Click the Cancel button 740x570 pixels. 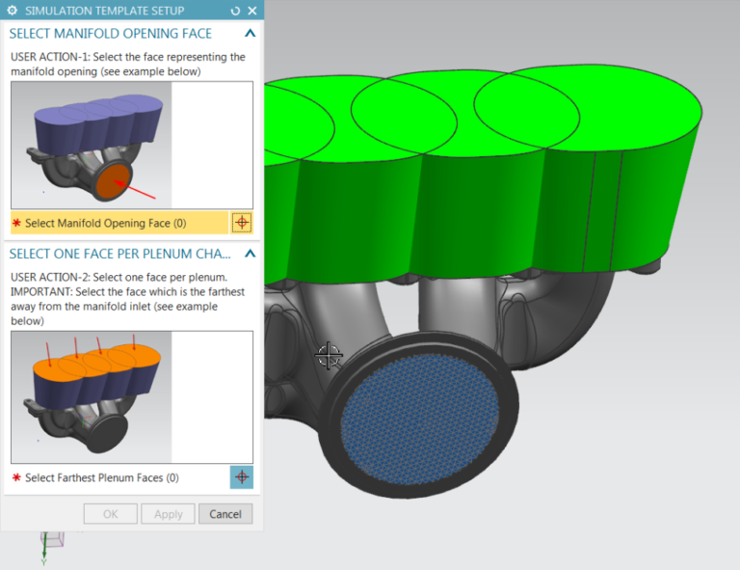click(x=225, y=514)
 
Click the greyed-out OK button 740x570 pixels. click(x=111, y=514)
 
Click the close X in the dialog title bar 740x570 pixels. click(x=252, y=11)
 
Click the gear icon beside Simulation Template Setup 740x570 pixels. click(x=13, y=11)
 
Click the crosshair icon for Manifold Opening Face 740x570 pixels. click(x=242, y=223)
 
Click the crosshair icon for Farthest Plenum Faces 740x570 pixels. click(x=242, y=477)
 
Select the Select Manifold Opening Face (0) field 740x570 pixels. click(x=106, y=223)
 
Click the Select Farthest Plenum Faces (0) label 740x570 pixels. click(x=101, y=477)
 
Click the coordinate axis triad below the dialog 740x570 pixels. click(x=48, y=545)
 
